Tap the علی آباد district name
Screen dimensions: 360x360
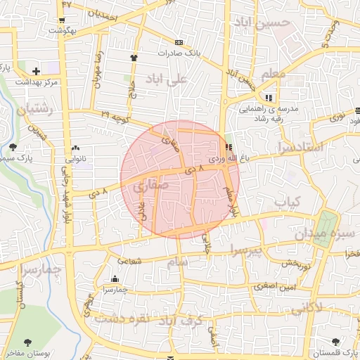167,79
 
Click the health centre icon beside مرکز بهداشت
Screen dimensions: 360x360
38,70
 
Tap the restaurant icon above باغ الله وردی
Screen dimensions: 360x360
229,147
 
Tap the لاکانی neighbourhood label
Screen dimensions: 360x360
306,308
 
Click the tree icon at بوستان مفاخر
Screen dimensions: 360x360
27,342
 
